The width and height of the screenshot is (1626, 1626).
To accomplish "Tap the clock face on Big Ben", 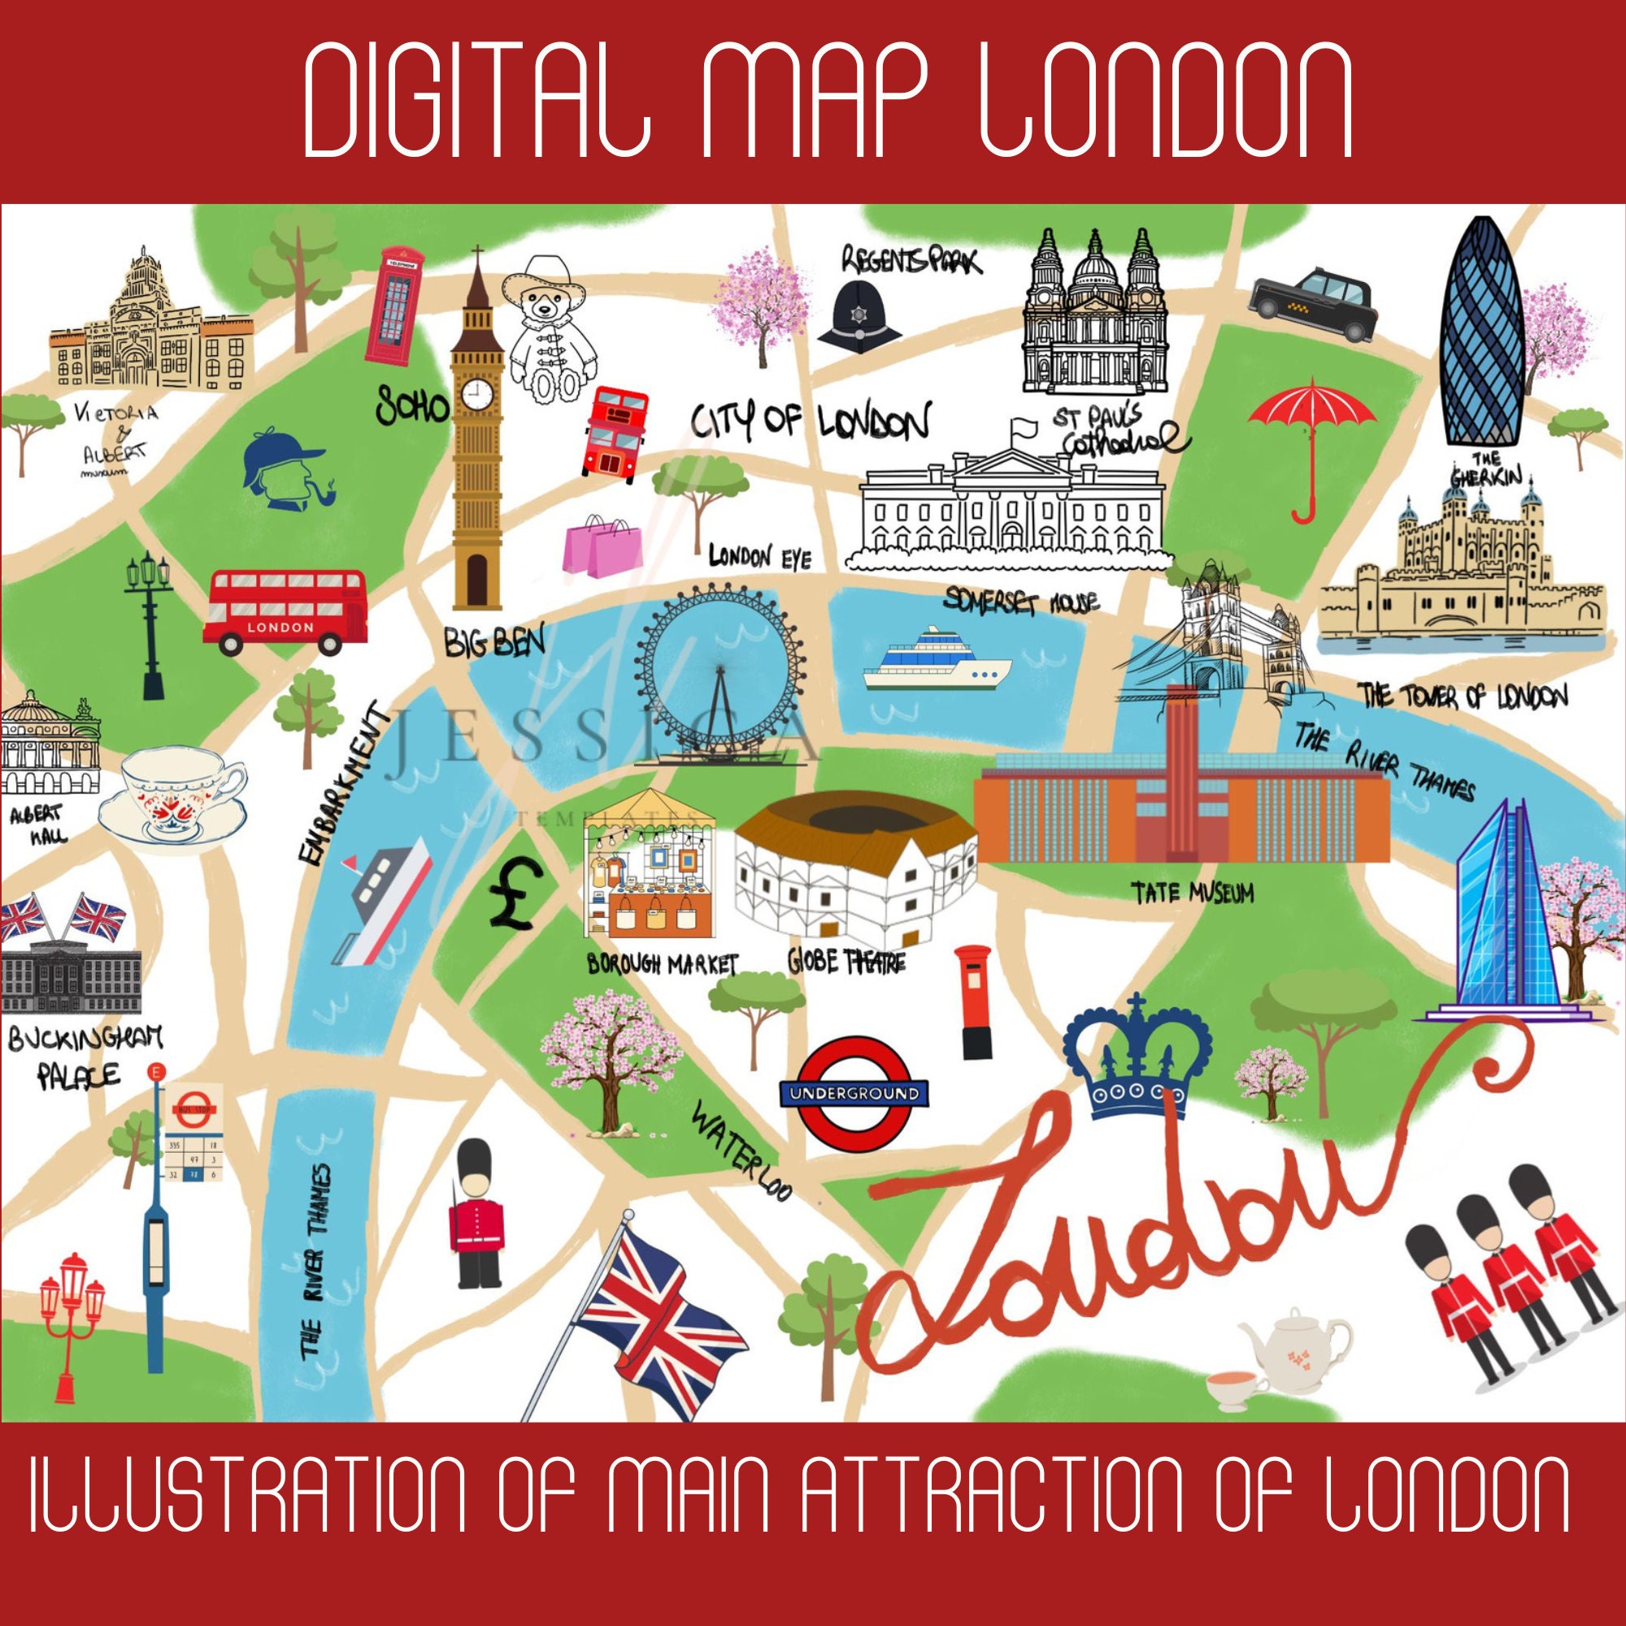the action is tap(476, 393).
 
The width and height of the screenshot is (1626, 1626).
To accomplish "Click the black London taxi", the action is tap(1312, 305).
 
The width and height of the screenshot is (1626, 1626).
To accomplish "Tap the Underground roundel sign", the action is tap(854, 1093).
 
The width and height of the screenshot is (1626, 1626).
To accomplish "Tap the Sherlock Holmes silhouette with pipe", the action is tap(286, 472).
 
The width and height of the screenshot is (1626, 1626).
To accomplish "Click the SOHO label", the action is tap(412, 406).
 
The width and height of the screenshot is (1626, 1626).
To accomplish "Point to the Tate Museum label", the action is tap(1192, 893).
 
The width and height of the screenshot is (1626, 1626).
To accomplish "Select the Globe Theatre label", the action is tap(846, 960).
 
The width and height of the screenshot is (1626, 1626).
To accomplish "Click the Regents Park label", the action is tap(911, 260).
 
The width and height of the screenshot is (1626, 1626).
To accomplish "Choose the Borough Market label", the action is tap(663, 964).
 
